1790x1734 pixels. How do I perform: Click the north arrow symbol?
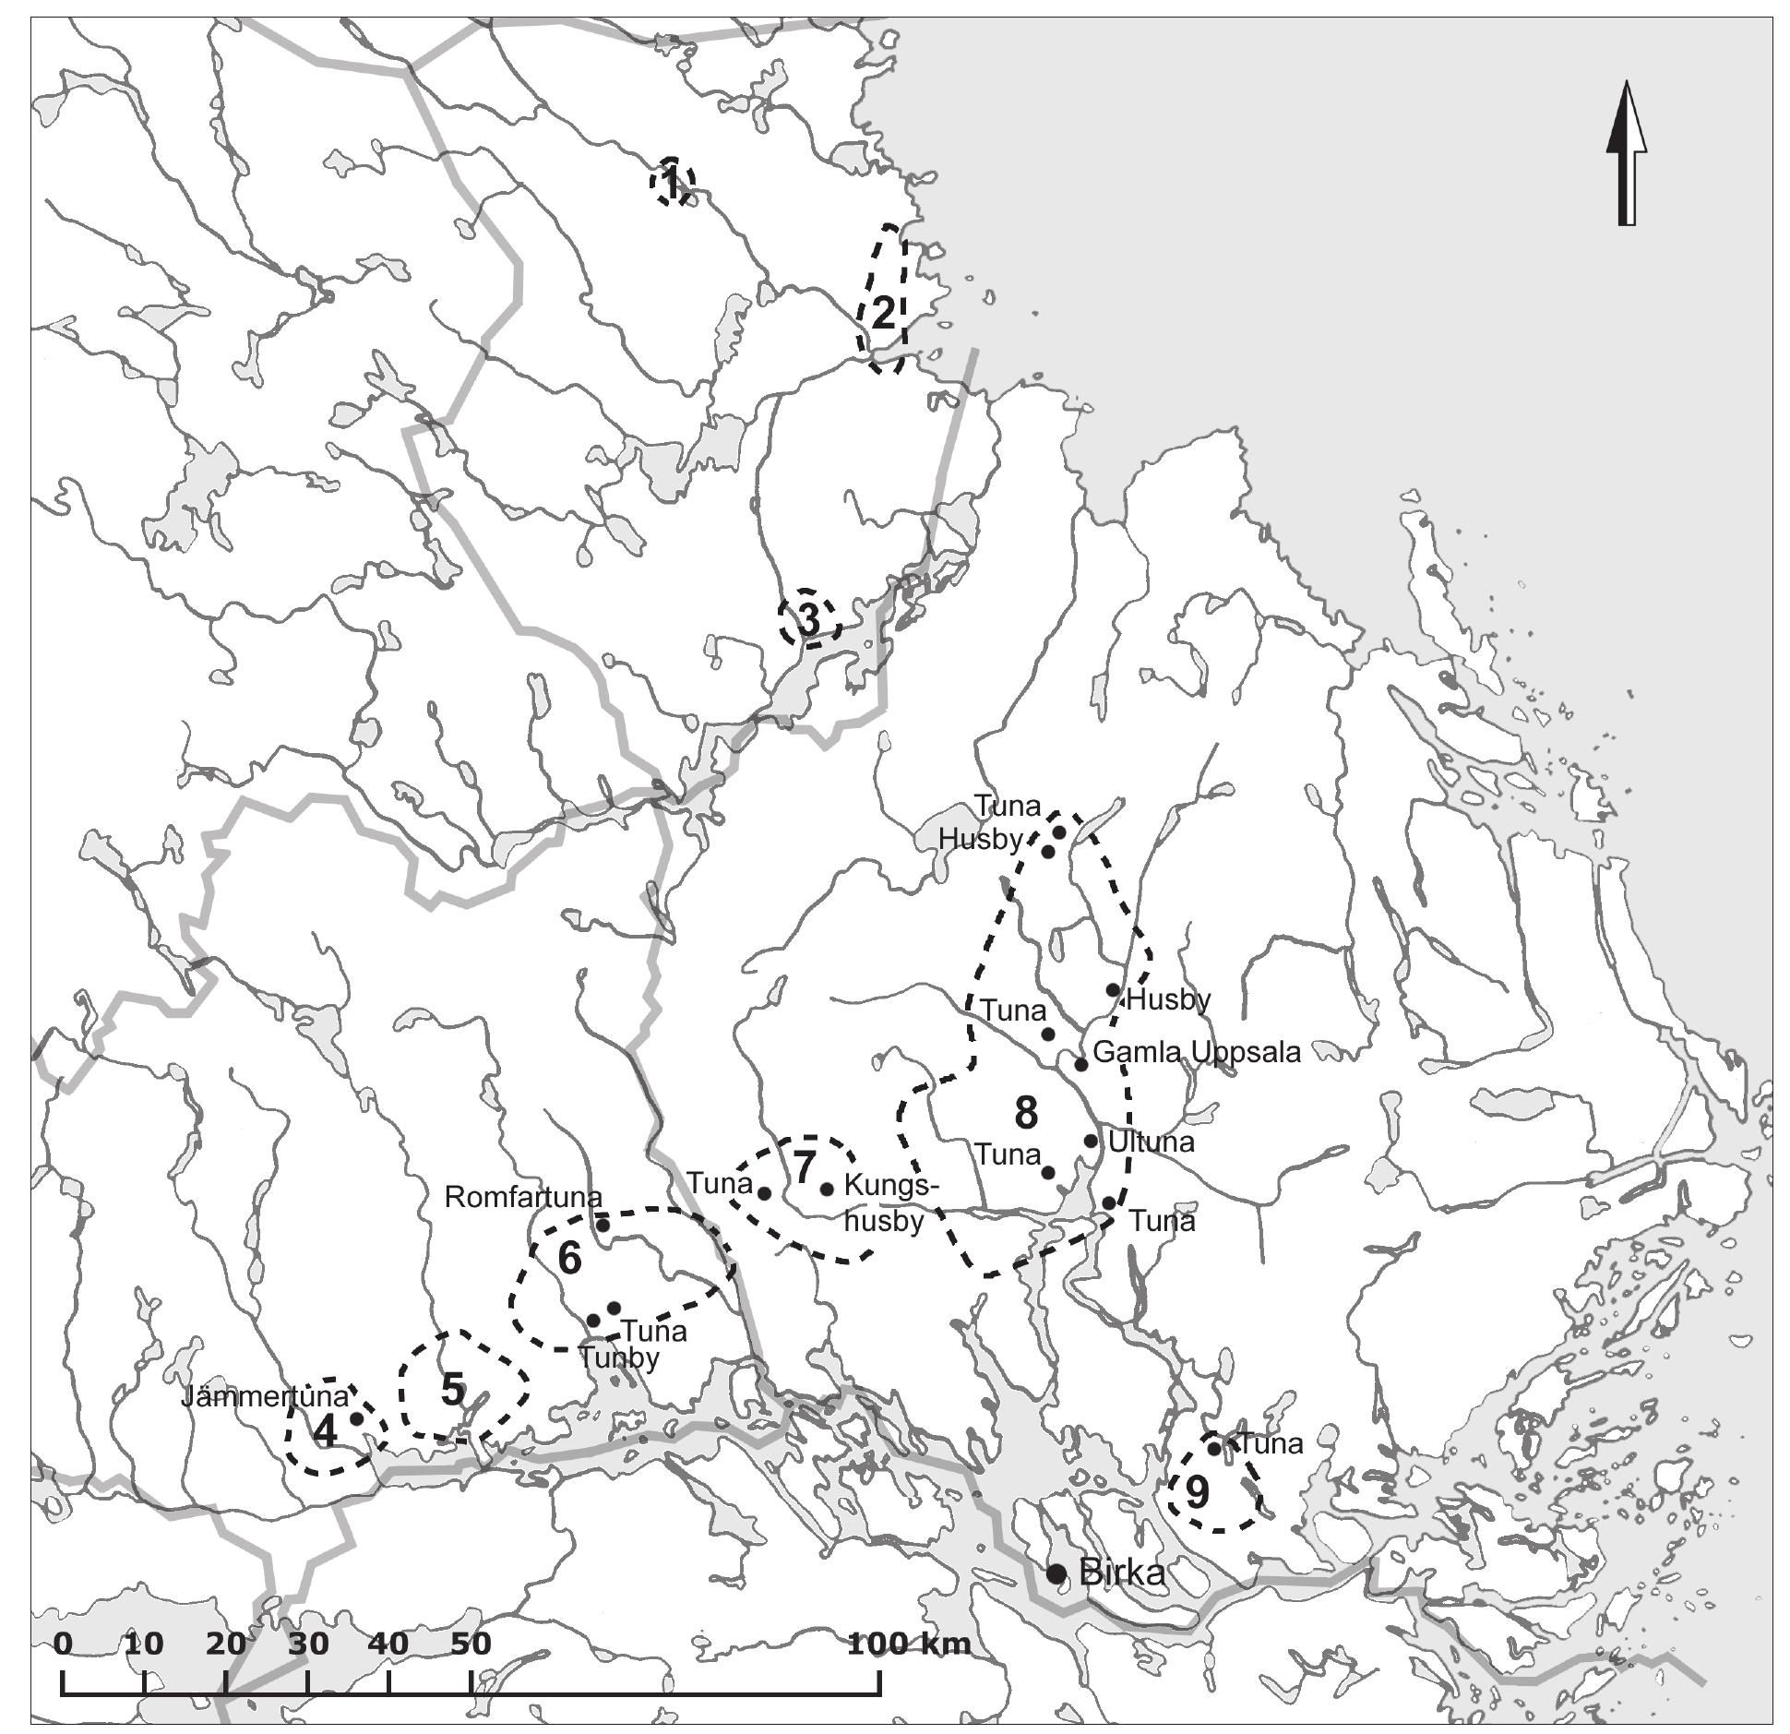1626,153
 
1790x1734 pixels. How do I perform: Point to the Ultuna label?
1151,1142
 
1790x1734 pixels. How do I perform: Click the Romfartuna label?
523,1197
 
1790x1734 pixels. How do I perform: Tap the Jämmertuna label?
265,1396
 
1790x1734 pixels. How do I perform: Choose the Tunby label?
619,1357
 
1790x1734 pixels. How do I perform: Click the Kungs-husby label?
885,1202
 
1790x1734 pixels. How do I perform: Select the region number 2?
883,315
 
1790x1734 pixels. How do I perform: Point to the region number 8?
1026,1114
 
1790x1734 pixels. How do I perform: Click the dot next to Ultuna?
1091,1141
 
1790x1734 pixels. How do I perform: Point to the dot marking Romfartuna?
603,1224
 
